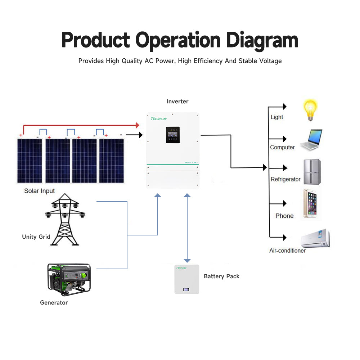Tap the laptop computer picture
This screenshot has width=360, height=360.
[311, 140]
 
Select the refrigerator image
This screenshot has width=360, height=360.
[312, 172]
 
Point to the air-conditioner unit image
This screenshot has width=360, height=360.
[315, 238]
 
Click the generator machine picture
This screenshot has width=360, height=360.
[69, 278]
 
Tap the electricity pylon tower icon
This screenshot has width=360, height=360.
[65, 220]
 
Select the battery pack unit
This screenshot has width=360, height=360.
[186, 279]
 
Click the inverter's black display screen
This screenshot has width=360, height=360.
[173, 135]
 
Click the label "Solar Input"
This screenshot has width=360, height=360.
[39, 191]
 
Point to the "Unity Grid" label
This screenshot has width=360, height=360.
[36, 237]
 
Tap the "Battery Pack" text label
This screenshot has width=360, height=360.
[221, 276]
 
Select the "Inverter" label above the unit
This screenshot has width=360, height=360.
[177, 102]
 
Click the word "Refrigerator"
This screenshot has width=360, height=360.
[285, 179]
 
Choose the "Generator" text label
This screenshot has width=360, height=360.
[54, 303]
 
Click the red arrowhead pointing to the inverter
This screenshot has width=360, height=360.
[137, 125]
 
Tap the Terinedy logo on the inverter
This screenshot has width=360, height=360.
[159, 118]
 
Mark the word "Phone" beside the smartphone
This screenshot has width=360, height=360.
[284, 216]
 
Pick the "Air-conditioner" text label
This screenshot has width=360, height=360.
[287, 251]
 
